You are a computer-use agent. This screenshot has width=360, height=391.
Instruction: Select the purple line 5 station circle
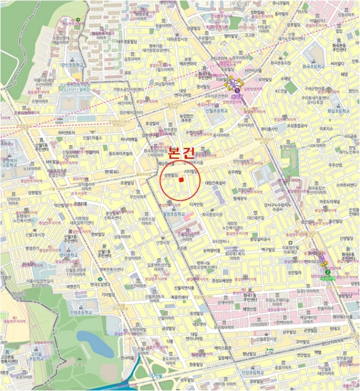pos(237,89)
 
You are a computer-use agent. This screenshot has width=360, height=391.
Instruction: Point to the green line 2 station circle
pos(326,273)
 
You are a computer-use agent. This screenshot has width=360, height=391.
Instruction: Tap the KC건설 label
pos(281,90)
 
